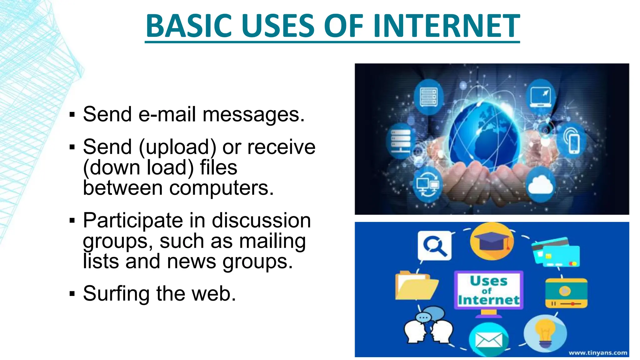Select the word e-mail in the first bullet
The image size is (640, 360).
[167, 114]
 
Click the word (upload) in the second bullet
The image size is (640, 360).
[177, 147]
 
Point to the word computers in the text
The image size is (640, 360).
[221, 188]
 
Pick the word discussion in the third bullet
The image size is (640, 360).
[261, 221]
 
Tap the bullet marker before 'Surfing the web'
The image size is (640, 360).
[72, 294]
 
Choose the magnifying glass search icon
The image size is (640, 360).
[435, 246]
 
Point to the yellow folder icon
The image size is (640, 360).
[416, 286]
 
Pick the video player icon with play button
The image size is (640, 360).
[566, 293]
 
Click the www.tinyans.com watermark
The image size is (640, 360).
[597, 353]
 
